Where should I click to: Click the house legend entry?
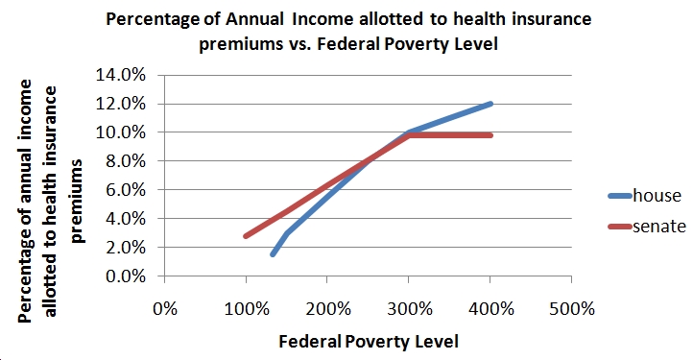tap(658, 196)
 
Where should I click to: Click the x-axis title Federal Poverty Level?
tap(369, 341)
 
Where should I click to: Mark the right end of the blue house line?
tap(490, 104)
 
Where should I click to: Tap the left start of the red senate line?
tap(247, 235)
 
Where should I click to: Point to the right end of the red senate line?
tap(490, 135)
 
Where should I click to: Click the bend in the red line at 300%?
tap(410, 135)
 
